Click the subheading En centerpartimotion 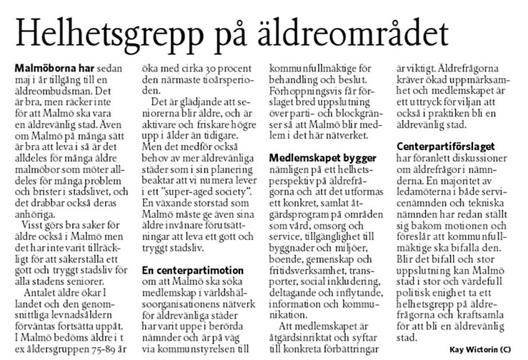click(188, 271)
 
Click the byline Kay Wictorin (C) click(483, 350)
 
